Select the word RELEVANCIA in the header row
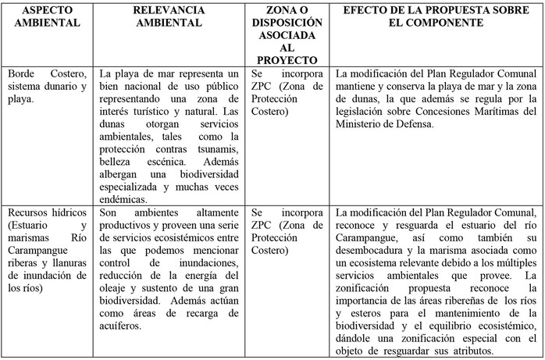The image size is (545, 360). (169, 10)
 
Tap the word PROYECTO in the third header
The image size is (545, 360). (286, 59)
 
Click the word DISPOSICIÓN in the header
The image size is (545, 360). (286, 23)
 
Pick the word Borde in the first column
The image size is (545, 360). (23, 73)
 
